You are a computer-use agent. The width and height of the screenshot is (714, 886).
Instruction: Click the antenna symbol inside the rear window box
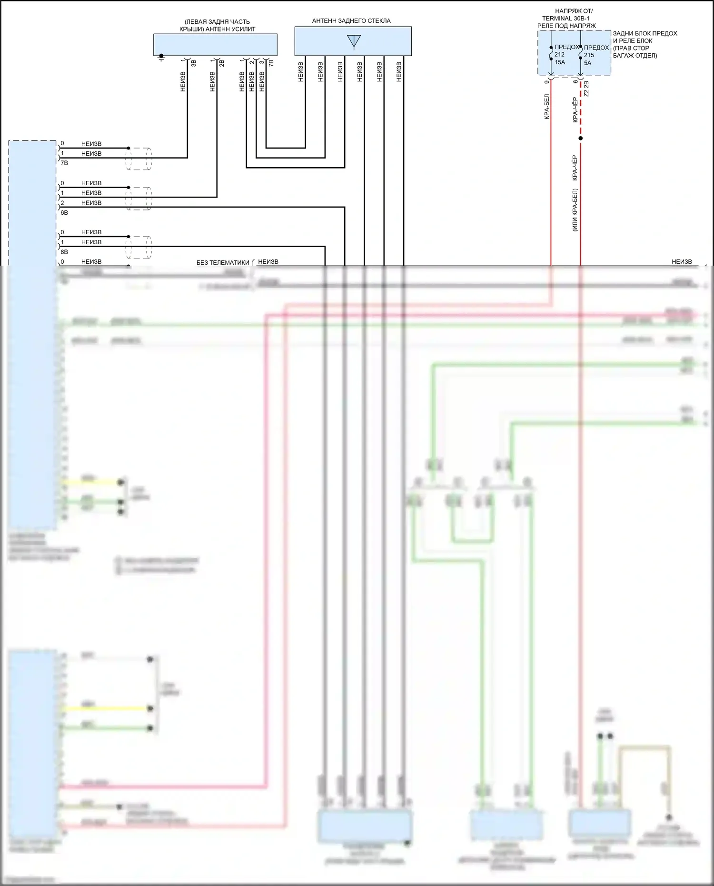coord(354,42)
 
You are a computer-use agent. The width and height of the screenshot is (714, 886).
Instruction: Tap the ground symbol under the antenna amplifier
coord(161,58)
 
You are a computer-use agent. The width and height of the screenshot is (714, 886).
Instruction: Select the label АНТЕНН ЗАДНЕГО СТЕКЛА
coord(351,21)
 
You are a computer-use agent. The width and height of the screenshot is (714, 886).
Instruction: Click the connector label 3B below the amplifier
coord(193,63)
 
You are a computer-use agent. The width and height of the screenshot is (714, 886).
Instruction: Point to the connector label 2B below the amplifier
coord(222,63)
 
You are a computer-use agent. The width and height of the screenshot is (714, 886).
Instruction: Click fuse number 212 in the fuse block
coord(559,55)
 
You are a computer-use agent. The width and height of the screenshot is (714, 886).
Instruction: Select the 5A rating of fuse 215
coord(588,63)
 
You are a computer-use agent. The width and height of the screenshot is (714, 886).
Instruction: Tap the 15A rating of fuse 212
coord(560,62)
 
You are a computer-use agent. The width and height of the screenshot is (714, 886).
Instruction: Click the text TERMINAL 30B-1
coord(566,19)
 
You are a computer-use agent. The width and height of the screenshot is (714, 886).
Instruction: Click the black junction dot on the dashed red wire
coord(580,139)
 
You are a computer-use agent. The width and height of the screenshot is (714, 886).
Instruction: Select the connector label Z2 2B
coord(586,89)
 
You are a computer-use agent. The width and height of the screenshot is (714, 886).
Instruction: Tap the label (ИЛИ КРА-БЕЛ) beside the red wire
coord(575,210)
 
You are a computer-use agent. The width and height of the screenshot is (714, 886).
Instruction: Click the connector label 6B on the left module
coord(64,213)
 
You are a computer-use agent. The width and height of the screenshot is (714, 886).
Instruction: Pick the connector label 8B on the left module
coord(64,252)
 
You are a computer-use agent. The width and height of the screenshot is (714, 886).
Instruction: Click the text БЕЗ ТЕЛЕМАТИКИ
coord(223,263)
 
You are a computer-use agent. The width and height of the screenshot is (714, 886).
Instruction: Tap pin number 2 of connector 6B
coord(62,203)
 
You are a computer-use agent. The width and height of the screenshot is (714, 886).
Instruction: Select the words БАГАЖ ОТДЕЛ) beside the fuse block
coord(635,56)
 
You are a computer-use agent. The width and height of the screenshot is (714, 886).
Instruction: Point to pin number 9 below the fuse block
coord(546,82)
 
